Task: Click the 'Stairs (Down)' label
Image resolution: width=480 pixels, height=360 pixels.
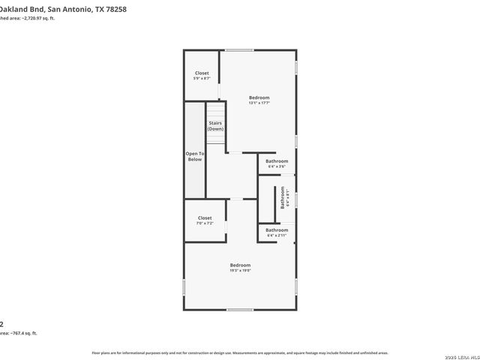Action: [x=215, y=125]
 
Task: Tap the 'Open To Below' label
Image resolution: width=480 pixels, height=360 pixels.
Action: [x=195, y=156]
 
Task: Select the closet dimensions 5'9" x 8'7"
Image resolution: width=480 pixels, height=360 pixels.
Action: [x=202, y=78]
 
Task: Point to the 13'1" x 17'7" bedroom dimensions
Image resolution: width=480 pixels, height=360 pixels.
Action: [x=259, y=103]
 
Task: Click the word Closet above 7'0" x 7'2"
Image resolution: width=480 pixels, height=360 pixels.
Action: [x=205, y=218]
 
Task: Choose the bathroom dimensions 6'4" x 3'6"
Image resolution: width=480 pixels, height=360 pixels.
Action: [x=277, y=166]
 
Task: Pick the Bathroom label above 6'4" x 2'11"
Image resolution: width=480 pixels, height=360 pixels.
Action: [x=277, y=230]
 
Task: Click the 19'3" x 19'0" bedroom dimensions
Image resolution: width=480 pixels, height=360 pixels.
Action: [x=240, y=271]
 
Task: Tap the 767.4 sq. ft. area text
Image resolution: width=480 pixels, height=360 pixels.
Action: [x=22, y=332]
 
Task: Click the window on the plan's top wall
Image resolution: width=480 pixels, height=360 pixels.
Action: [x=239, y=50]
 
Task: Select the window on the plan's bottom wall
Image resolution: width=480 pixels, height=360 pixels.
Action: [x=240, y=310]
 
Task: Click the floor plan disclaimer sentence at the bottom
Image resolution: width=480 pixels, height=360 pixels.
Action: [x=240, y=352]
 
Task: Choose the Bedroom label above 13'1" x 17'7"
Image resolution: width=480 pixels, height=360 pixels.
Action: [x=259, y=97]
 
